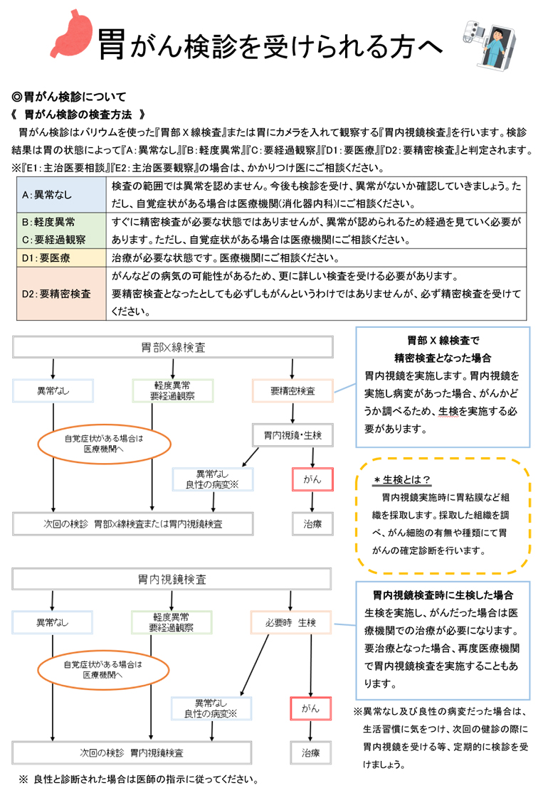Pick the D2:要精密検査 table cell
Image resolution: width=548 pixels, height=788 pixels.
61,293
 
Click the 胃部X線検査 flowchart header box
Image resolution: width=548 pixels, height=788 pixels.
173,347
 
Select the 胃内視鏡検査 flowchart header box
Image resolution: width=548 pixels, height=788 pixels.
173,580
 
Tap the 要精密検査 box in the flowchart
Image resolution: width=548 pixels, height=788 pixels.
292,390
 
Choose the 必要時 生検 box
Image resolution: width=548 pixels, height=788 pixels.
290,622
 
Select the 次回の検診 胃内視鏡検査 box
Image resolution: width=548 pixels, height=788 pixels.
132,752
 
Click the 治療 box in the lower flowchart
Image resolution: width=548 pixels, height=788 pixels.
310,752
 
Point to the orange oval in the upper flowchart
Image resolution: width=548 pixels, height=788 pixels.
104,444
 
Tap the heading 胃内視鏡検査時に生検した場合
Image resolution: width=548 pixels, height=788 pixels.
443,595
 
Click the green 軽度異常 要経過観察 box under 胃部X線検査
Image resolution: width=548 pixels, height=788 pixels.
172,390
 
